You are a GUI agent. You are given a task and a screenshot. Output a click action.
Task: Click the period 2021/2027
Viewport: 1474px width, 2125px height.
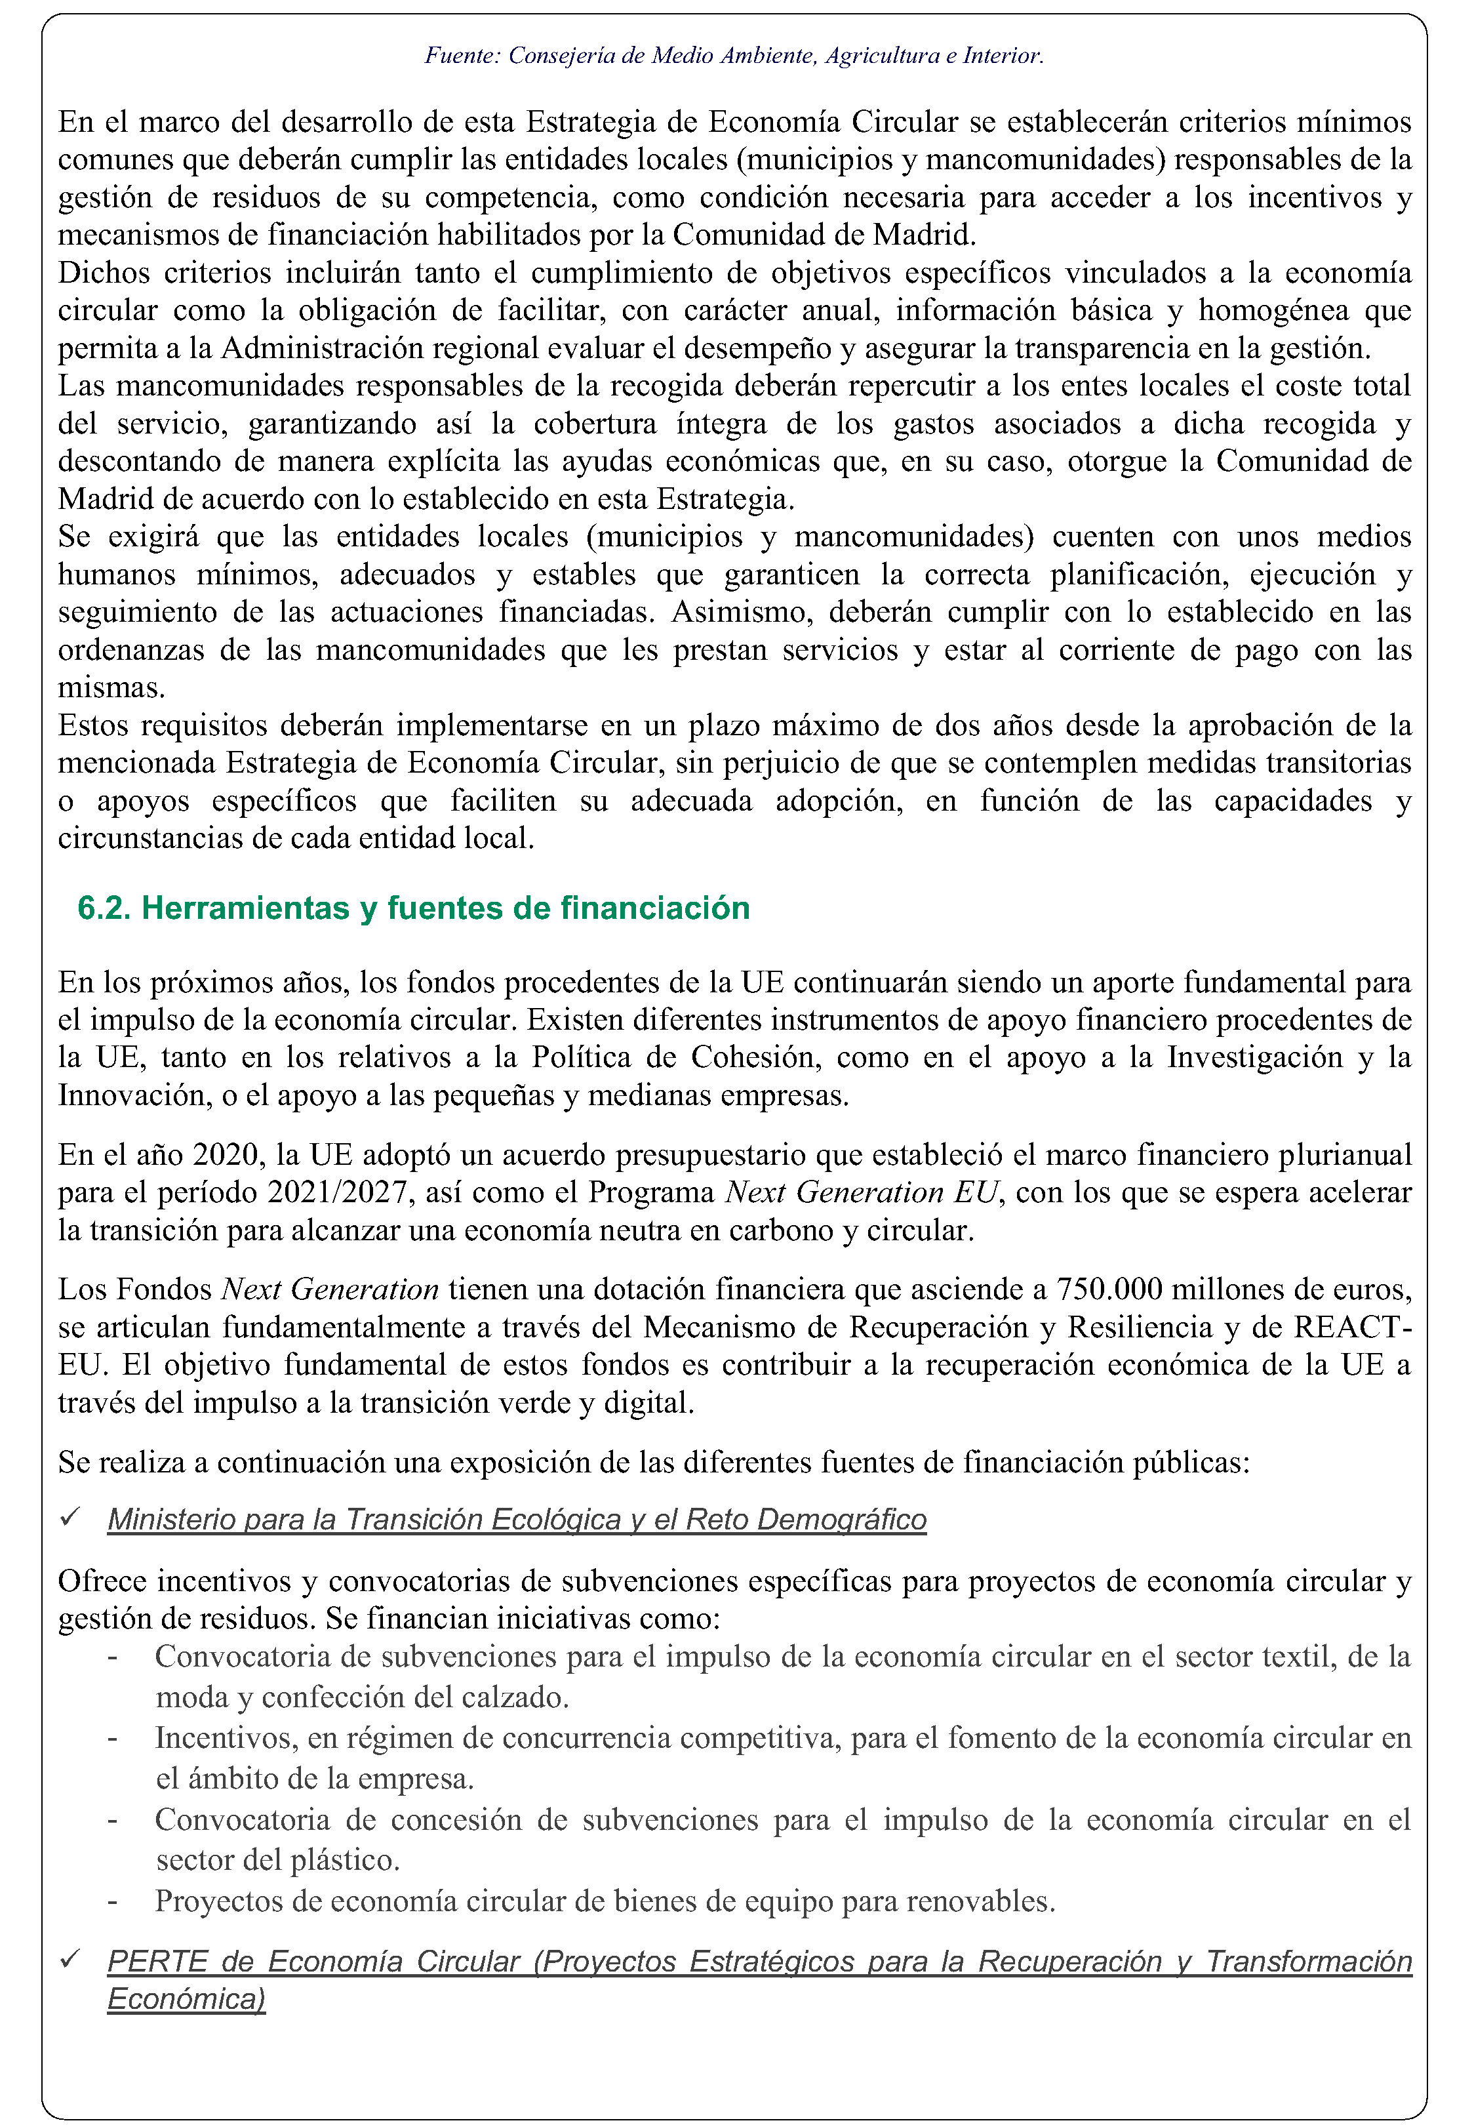click(x=337, y=1192)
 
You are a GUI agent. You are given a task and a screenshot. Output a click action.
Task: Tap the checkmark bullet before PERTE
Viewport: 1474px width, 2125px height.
click(x=70, y=1960)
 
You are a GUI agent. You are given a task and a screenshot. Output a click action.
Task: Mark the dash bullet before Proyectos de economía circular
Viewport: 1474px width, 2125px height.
click(x=113, y=1901)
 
